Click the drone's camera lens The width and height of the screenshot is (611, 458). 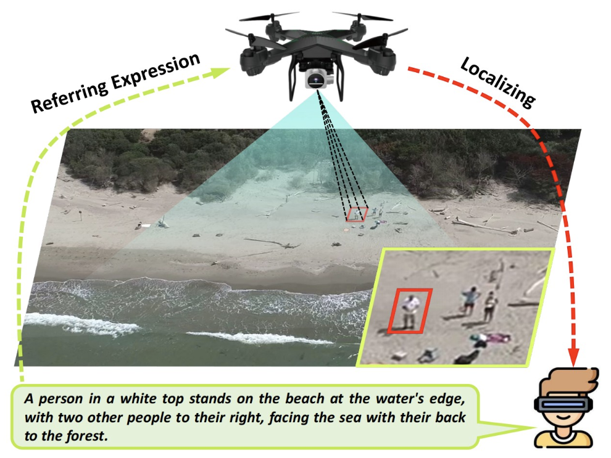click(315, 81)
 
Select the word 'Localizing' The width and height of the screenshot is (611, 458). click(498, 82)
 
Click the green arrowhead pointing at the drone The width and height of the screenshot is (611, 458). click(222, 72)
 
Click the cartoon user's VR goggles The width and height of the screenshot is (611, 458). click(563, 404)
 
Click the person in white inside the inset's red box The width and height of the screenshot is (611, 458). click(410, 311)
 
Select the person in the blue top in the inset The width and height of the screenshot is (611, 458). click(470, 301)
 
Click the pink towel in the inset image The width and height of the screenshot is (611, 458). click(495, 337)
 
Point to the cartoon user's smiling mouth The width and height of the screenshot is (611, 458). click(563, 418)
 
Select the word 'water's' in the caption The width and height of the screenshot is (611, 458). click(400, 399)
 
